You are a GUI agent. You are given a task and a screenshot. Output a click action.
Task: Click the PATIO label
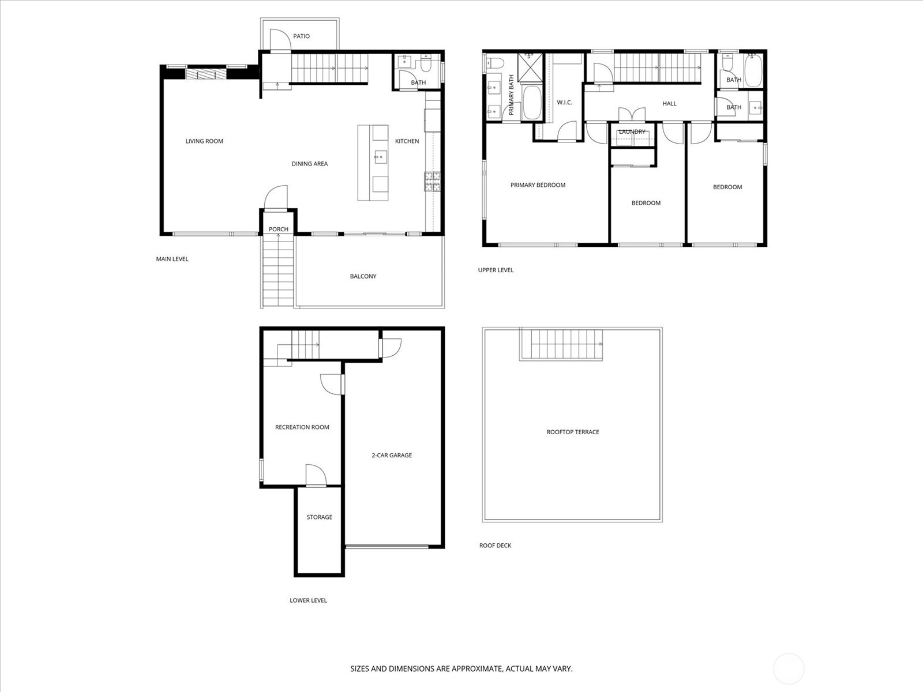[301, 36]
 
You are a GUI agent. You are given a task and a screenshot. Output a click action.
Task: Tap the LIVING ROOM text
[204, 141]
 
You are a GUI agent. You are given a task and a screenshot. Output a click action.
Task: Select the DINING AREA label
[309, 164]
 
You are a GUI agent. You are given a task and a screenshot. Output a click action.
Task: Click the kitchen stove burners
[432, 182]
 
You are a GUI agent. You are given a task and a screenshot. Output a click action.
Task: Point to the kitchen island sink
[381, 157]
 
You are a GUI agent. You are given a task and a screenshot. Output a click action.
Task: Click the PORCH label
[279, 230]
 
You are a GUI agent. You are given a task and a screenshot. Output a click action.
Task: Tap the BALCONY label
[363, 276]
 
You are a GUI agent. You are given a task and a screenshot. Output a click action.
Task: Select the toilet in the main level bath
[425, 64]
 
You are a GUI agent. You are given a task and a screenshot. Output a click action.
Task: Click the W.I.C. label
[564, 103]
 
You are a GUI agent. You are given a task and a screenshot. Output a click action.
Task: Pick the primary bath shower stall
[530, 67]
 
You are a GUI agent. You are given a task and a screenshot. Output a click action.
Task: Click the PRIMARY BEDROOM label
[538, 185]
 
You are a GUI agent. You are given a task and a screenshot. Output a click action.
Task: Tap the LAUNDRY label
[632, 132]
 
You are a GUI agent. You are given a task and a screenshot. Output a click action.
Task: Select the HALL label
[669, 104]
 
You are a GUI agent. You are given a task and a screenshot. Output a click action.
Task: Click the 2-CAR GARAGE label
[392, 455]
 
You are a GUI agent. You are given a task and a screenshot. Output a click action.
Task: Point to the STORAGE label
[319, 517]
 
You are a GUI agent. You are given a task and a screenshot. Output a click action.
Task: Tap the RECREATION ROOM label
[302, 427]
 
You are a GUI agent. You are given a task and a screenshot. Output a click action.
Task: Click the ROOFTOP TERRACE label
[573, 432]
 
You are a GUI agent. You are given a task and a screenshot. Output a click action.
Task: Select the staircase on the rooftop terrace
[561, 344]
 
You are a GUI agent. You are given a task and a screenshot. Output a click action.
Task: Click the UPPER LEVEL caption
[496, 270]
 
